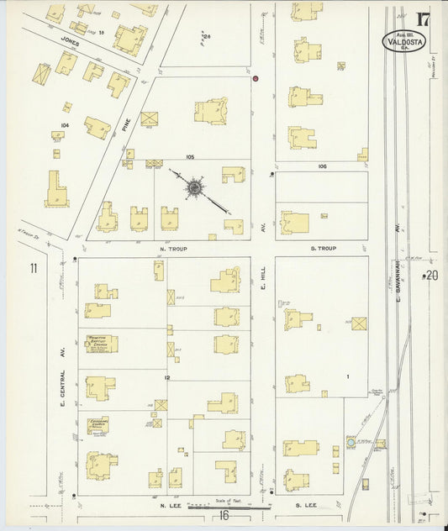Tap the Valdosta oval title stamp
pyautogui.click(x=404, y=40)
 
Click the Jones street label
pyautogui.click(x=70, y=39)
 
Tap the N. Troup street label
pyautogui.click(x=171, y=249)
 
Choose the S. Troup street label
pyautogui.click(x=323, y=249)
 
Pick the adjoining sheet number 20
pyautogui.click(x=432, y=275)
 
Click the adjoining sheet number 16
pyautogui.click(x=223, y=514)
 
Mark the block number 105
pyautogui.click(x=191, y=157)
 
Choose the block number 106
pyautogui.click(x=322, y=166)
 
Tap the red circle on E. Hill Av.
pyautogui.click(x=256, y=78)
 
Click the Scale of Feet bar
pyautogui.click(x=227, y=506)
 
